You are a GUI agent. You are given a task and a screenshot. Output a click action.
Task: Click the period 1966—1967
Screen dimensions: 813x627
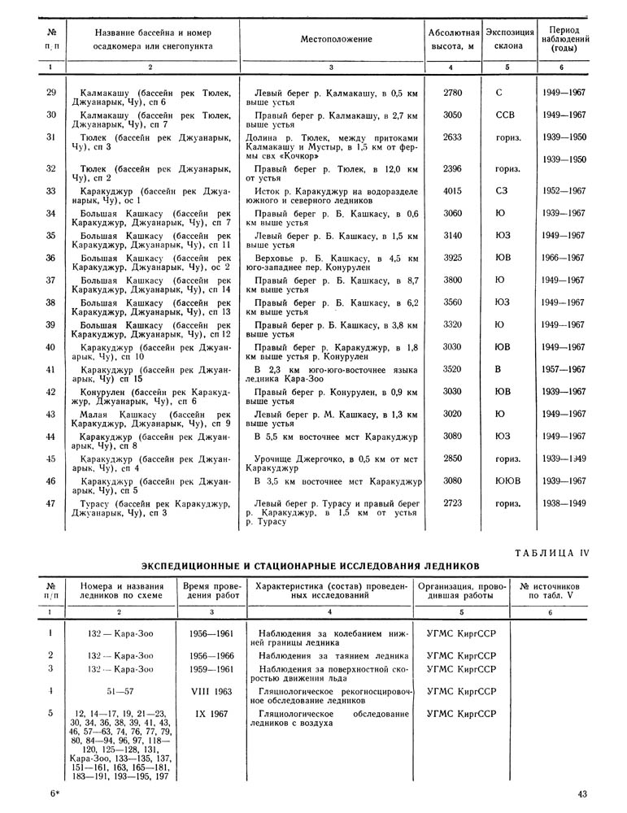tap(563, 258)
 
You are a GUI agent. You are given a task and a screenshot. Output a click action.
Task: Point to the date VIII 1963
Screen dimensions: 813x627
tap(207, 691)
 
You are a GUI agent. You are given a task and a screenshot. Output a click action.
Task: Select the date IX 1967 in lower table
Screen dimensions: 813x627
tap(207, 713)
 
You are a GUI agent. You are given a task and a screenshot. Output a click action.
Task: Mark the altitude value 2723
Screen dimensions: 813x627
tap(453, 503)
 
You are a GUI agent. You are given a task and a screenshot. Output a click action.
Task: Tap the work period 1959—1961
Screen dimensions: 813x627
tap(207, 668)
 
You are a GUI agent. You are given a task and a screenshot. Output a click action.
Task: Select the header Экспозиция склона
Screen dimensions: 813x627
tap(507, 40)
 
